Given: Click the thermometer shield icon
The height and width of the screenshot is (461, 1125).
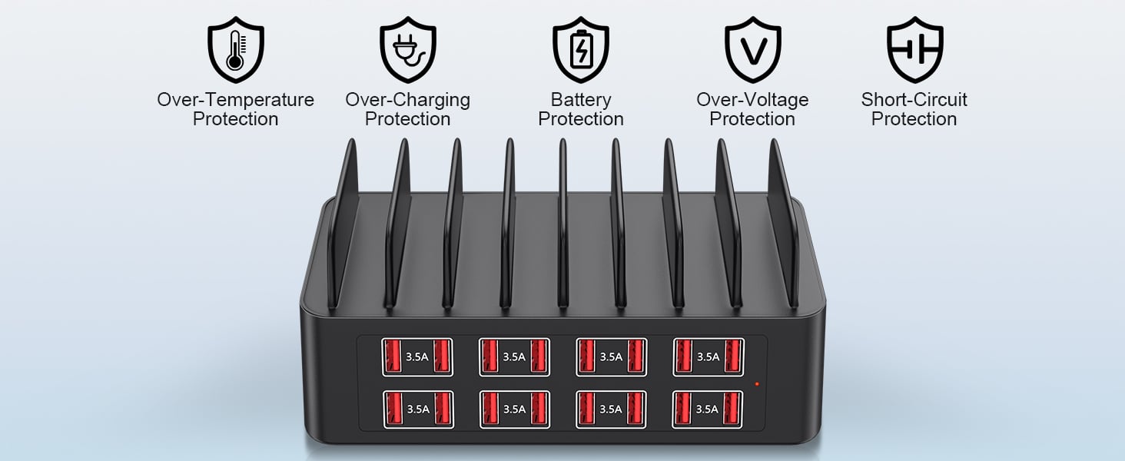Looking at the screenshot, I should [235, 50].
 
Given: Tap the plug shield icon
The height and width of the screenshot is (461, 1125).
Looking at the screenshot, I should [408, 50].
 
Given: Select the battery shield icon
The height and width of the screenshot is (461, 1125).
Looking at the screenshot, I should [581, 50].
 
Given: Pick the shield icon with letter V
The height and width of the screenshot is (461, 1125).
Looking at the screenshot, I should [753, 50].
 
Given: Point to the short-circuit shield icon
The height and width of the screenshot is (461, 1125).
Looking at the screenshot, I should [914, 50].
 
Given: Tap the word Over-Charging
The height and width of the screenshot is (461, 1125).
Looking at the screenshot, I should [407, 100].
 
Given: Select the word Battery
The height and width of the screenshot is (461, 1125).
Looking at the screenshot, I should [581, 100].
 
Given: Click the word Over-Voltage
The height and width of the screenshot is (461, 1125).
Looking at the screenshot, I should [752, 100].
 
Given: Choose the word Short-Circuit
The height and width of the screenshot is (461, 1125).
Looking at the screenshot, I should [914, 100].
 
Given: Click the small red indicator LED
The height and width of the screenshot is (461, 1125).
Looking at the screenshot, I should [757, 383].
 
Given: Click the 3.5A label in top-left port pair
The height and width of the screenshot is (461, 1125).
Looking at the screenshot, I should [417, 357].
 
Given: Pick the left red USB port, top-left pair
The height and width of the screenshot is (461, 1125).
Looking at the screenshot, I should [393, 356].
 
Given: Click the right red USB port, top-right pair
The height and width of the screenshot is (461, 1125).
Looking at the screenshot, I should [732, 356].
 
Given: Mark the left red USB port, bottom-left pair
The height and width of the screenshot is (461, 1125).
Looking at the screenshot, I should [393, 409].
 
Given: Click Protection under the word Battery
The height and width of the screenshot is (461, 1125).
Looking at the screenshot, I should [581, 119].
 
